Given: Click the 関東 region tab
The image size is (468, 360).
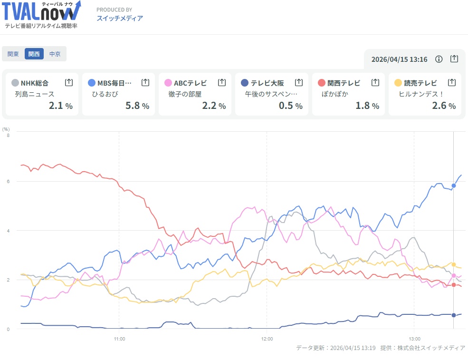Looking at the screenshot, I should tap(13, 54).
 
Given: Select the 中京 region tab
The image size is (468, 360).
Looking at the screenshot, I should tap(55, 54).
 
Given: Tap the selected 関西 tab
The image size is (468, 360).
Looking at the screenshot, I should tap(34, 54).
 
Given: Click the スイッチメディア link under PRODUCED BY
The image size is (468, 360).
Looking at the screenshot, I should tap(120, 19).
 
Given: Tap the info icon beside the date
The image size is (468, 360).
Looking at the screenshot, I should tap(439, 59).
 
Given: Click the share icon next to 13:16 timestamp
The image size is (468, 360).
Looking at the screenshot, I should tap(454, 59).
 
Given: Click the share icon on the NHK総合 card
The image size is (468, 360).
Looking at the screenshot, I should tap(69, 82).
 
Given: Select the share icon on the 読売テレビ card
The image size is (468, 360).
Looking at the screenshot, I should tap(452, 82).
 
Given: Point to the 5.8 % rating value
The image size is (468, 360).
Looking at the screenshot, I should tap(137, 106).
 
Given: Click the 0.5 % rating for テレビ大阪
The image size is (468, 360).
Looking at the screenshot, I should tap(290, 106).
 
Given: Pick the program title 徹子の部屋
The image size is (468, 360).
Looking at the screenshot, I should tap(185, 94).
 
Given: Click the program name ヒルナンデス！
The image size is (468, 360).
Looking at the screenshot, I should tap(421, 94).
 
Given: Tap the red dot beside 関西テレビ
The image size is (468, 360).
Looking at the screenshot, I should tap(321, 83).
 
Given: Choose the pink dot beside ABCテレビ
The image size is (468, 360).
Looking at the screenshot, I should tap(168, 83).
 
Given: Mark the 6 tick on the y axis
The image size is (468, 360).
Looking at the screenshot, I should tap(8, 181).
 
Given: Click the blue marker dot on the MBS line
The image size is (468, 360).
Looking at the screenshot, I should tap(454, 185).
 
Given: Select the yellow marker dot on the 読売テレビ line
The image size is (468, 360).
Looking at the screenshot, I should tap(454, 264).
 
